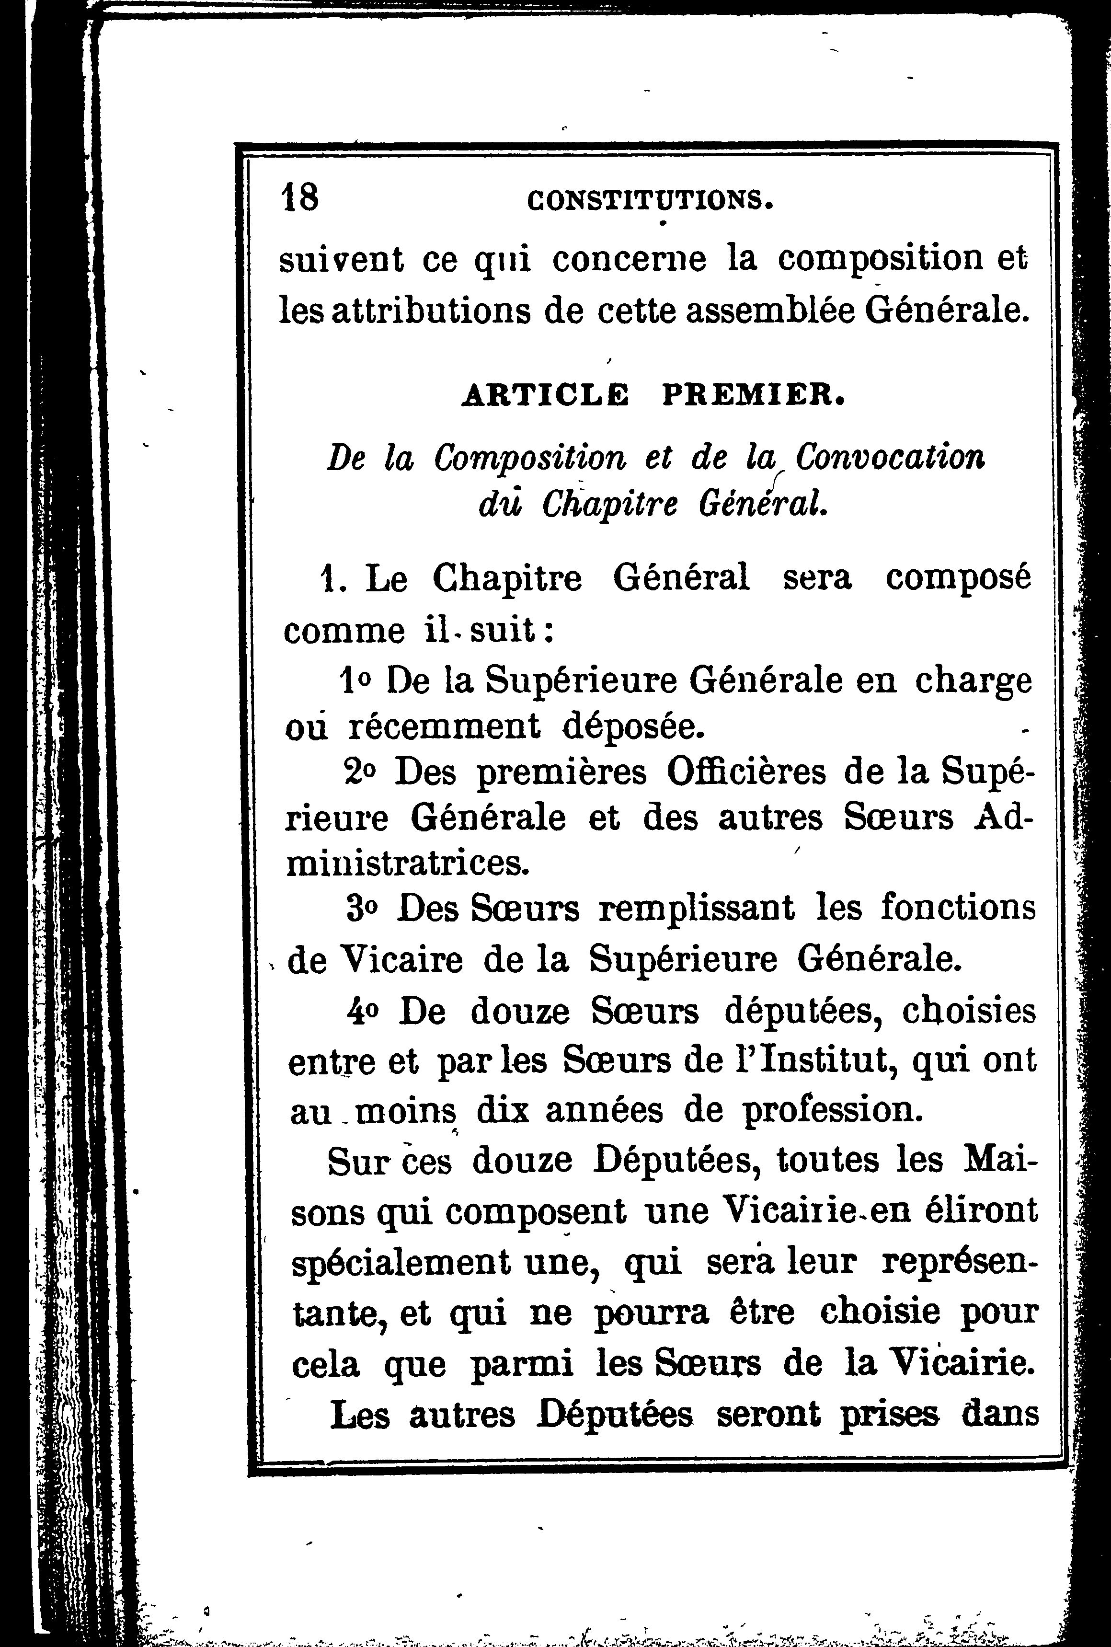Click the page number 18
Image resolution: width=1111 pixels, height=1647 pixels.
click(300, 196)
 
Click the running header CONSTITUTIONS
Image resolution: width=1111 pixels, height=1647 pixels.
click(650, 201)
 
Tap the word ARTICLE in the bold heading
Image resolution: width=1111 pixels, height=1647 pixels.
click(545, 395)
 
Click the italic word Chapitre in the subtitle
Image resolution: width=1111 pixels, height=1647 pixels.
click(609, 504)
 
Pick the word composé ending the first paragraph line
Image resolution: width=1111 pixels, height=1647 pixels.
click(959, 577)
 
